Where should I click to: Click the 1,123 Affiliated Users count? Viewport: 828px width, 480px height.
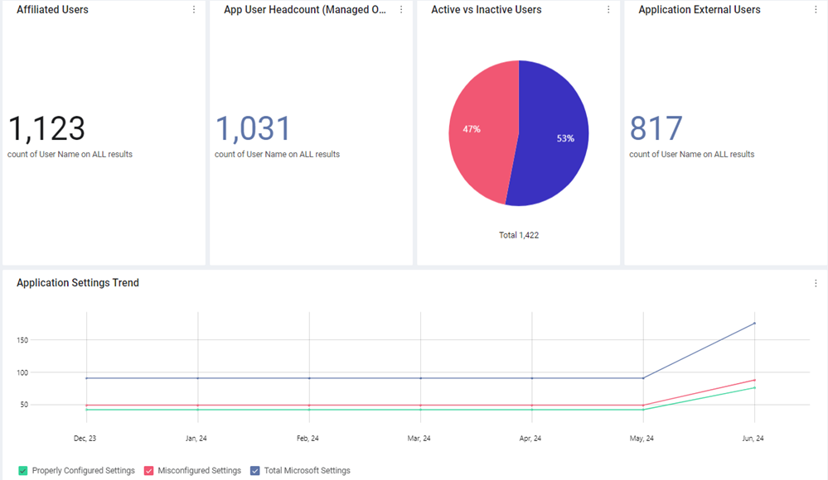[x=46, y=129]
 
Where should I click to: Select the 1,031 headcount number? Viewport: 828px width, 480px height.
[x=253, y=129]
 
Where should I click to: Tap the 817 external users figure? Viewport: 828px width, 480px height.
[x=656, y=129]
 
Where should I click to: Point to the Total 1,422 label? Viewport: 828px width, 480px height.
[x=519, y=235]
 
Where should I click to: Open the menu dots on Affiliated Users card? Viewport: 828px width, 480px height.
[x=194, y=9]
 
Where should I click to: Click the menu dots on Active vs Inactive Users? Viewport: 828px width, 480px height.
[x=608, y=9]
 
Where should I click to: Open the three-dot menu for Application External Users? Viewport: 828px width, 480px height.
[x=816, y=9]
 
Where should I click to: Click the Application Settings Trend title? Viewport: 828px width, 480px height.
[x=78, y=283]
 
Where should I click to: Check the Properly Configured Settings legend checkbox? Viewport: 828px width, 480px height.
[x=22, y=471]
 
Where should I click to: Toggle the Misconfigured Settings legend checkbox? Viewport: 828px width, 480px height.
[x=149, y=471]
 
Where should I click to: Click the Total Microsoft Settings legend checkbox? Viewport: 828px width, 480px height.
[x=255, y=471]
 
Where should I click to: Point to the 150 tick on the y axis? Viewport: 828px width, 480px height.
[x=22, y=340]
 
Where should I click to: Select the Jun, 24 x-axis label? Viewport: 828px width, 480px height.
[x=753, y=439]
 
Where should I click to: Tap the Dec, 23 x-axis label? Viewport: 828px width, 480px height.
[x=85, y=439]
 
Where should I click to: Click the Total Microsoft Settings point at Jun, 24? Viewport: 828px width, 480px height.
[x=754, y=324]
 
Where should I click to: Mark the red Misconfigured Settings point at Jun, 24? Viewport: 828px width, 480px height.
[x=754, y=381]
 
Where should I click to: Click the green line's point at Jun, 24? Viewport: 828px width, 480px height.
[x=754, y=388]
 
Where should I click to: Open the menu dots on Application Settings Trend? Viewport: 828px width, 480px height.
[x=816, y=283]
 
